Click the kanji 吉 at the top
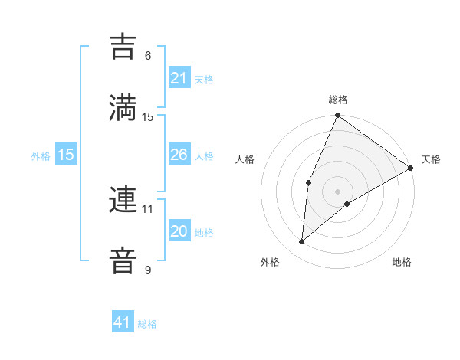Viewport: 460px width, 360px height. tap(123, 47)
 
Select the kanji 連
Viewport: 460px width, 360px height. tap(123, 201)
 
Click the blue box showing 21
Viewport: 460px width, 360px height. tap(179, 78)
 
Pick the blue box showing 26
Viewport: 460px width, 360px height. tap(179, 155)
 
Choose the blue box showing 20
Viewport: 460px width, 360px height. tap(179, 231)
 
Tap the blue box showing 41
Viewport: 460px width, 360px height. tap(123, 322)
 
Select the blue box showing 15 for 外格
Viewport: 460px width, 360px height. tap(66, 155)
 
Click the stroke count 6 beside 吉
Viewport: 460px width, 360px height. tap(148, 56)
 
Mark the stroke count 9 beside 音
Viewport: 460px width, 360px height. tap(148, 270)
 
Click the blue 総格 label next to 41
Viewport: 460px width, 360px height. tap(147, 324)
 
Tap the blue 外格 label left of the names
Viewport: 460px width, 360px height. tap(41, 156)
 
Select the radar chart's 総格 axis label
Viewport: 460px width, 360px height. tap(337, 100)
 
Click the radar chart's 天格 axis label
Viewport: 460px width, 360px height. tap(431, 159)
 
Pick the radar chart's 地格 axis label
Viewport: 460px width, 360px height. tap(402, 262)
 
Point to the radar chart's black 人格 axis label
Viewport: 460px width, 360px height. tap(245, 159)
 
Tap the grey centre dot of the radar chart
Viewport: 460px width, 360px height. tap(337, 191)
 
